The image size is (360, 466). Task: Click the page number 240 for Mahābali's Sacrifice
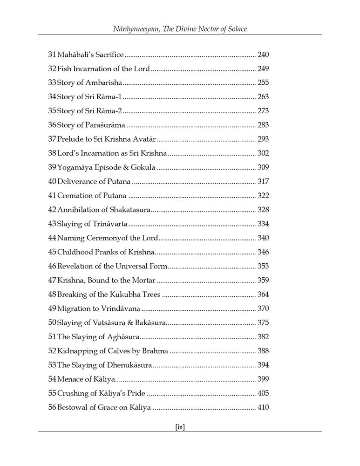(263, 55)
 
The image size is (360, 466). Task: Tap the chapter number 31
(52, 55)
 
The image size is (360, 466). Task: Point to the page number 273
(263, 111)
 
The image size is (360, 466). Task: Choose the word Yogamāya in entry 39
(74, 167)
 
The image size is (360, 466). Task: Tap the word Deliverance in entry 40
(78, 182)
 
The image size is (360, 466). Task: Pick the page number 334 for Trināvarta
(263, 224)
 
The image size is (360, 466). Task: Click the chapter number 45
(52, 252)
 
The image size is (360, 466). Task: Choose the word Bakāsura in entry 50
(150, 322)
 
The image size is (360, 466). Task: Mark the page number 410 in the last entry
(263, 407)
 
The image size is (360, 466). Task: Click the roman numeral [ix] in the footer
(180, 427)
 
